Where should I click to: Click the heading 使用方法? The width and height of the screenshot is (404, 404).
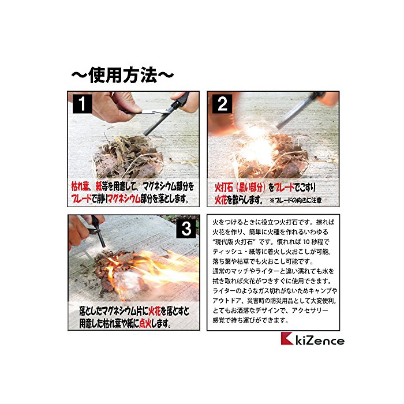[x=122, y=75]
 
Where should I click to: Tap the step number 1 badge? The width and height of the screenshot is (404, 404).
[x=83, y=103]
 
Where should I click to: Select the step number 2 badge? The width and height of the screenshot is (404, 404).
[x=222, y=103]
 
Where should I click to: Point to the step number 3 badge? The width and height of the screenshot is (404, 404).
[x=186, y=229]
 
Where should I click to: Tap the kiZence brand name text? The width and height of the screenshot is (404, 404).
[x=320, y=341]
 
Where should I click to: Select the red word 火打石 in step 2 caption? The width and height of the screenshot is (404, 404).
[x=224, y=188]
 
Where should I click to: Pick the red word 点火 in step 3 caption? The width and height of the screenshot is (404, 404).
[x=145, y=323]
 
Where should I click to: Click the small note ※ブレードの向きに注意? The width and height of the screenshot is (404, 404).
[x=295, y=200]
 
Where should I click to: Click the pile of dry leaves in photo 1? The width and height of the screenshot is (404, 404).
[x=128, y=154]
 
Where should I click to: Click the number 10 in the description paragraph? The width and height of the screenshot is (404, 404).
[x=306, y=242]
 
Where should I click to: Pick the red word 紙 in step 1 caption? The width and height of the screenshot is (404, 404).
[x=99, y=186]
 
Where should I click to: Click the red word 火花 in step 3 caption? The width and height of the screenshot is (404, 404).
[x=155, y=312]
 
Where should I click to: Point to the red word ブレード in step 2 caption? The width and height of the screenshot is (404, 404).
[x=284, y=188]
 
